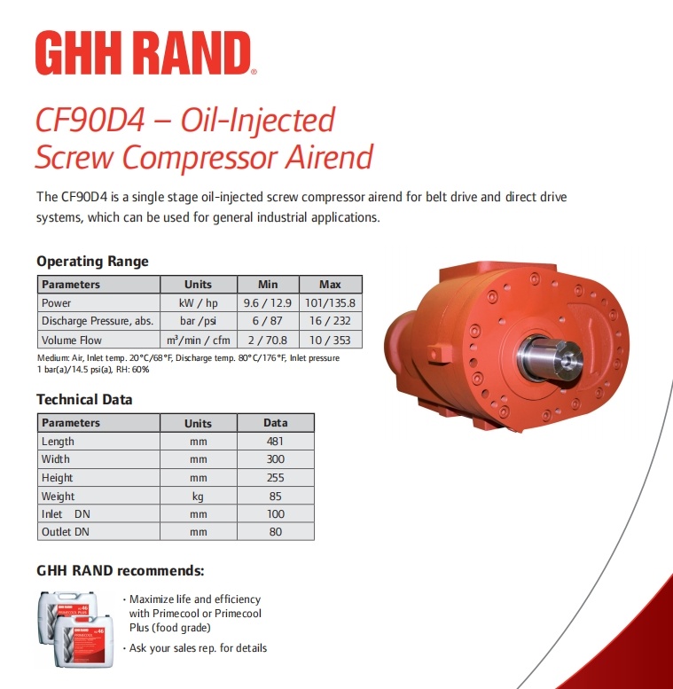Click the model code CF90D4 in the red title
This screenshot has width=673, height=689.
pos(90,120)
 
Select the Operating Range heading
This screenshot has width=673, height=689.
pos(93,261)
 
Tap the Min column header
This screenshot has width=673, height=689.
pos(268,285)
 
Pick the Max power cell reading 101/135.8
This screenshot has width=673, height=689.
pos(331,302)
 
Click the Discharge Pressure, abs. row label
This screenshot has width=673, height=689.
pos(98,321)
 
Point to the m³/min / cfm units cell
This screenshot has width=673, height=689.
pos(199,340)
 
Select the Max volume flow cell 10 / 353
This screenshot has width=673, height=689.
pos(330,340)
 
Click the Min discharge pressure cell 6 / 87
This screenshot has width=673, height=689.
pos(268,321)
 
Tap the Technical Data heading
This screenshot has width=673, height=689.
pos(84,399)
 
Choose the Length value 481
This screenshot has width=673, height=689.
pos(276,442)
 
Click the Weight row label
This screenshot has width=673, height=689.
pos(58,496)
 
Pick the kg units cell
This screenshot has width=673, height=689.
pos(198,497)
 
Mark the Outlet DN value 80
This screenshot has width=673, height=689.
pos(276,532)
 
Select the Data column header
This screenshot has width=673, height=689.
pos(276,423)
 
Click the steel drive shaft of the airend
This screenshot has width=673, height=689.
pos(550,358)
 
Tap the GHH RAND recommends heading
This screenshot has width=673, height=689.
pos(121,570)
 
